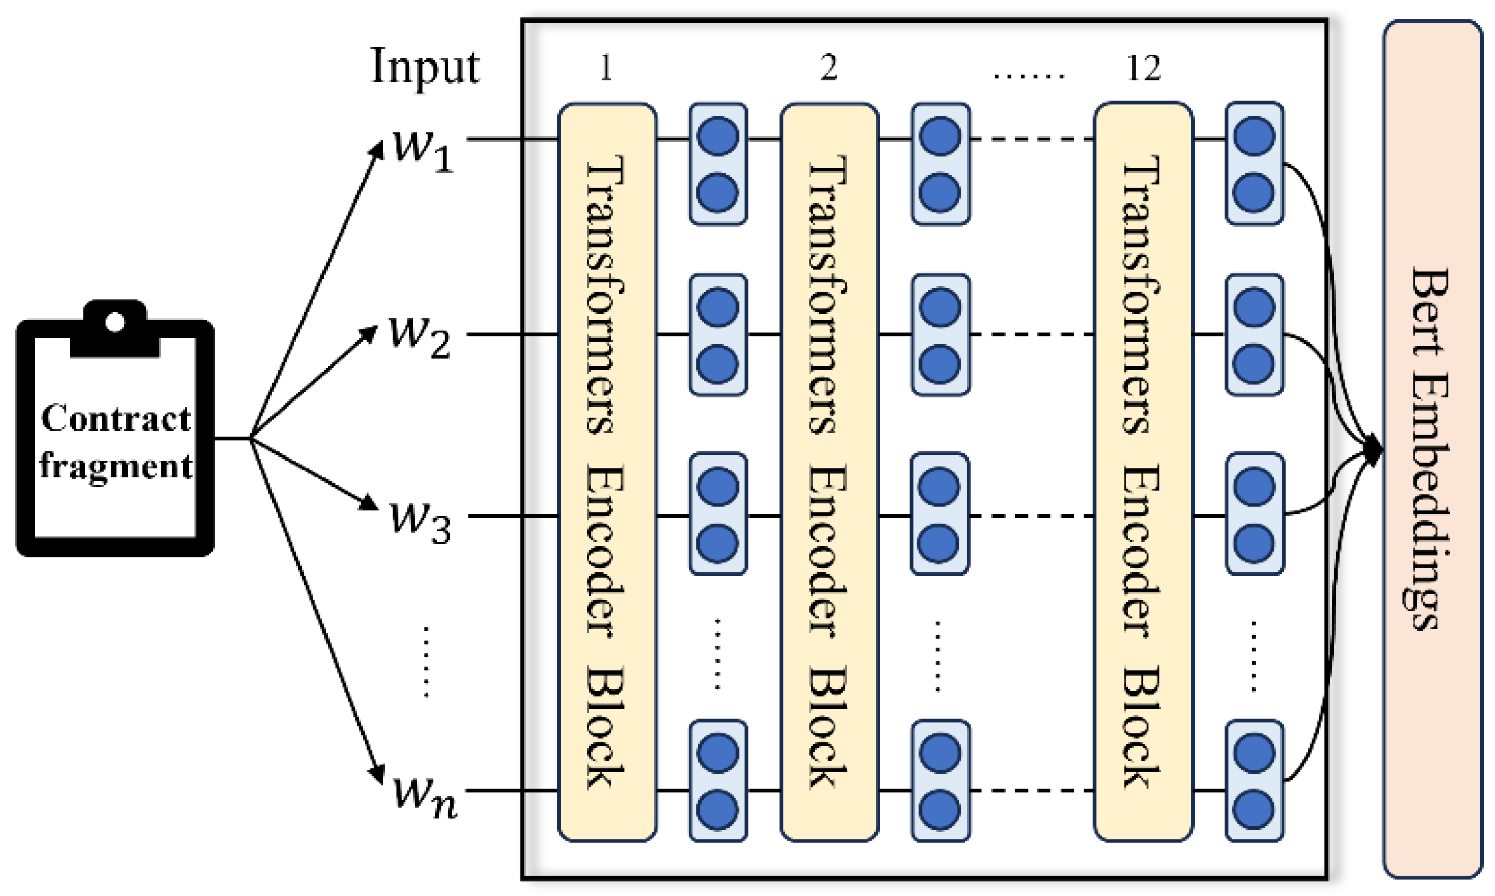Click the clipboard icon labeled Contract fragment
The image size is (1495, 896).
(114, 432)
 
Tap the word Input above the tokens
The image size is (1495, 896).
(424, 66)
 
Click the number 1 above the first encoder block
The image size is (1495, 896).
(605, 68)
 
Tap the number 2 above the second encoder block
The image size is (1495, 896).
(828, 68)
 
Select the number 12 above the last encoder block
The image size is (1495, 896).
(1143, 68)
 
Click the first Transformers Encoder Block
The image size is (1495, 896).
(607, 472)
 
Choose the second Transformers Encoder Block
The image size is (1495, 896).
(829, 472)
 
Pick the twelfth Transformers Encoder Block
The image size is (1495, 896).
(1143, 472)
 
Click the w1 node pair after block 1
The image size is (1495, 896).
(718, 164)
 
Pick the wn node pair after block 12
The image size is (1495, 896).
(1253, 780)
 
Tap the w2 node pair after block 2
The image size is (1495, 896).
(940, 335)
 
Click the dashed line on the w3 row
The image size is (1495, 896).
(1031, 516)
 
